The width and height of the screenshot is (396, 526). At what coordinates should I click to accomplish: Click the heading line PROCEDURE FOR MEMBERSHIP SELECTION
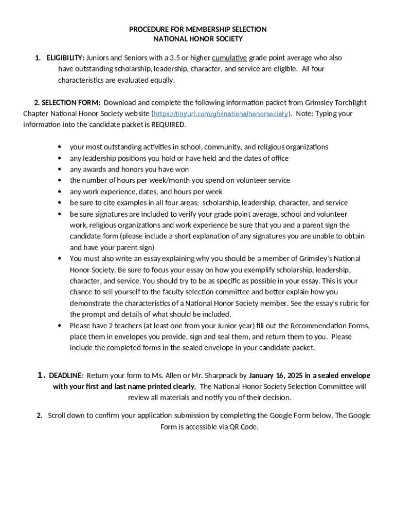pyautogui.click(x=197, y=29)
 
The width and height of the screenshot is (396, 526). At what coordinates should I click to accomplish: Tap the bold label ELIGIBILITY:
pyautogui.click(x=65, y=58)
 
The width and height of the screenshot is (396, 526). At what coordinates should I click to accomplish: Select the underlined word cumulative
pyautogui.click(x=229, y=58)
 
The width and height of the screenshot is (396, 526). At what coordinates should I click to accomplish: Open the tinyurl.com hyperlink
pyautogui.click(x=221, y=114)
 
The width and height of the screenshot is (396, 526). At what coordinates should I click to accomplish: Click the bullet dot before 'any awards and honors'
pyautogui.click(x=60, y=170)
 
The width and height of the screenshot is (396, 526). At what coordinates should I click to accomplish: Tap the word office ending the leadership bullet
pyautogui.click(x=279, y=158)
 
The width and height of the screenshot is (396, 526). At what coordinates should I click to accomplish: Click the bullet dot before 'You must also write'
pyautogui.click(x=60, y=259)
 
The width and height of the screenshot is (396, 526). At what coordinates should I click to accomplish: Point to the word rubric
pyautogui.click(x=341, y=304)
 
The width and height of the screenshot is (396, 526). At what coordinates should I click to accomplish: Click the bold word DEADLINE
pyautogui.click(x=65, y=375)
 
